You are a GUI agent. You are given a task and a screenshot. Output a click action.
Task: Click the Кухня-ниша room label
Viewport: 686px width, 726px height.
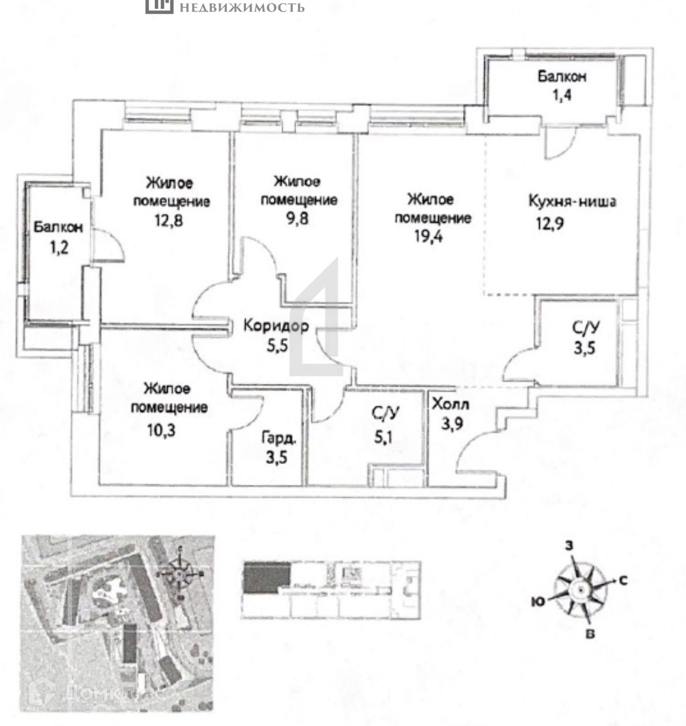[572, 202]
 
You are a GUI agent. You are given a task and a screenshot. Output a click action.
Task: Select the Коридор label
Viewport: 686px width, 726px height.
[276, 326]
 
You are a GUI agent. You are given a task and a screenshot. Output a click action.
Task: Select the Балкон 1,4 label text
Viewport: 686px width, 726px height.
[562, 76]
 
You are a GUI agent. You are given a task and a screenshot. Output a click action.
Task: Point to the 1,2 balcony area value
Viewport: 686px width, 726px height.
[59, 246]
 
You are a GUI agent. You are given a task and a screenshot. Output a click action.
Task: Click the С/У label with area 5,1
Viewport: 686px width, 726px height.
[385, 413]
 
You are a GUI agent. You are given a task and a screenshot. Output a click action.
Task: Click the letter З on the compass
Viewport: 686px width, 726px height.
[569, 545]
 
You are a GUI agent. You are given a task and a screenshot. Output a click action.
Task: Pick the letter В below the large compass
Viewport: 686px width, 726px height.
[591, 634]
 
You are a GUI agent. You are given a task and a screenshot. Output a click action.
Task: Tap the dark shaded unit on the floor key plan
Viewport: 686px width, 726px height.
[267, 575]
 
